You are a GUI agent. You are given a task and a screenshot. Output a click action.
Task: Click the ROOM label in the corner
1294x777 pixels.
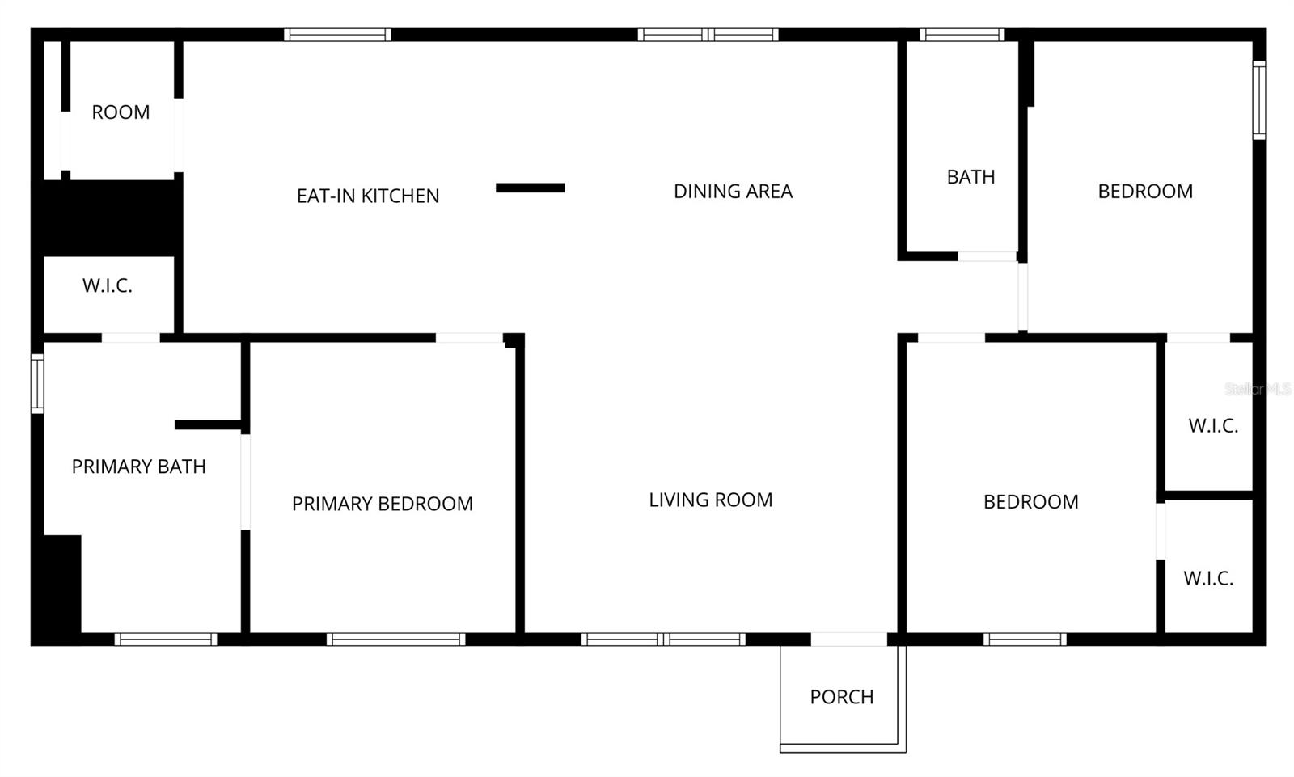(121, 112)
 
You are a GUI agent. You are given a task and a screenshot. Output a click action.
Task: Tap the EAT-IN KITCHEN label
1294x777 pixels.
(368, 196)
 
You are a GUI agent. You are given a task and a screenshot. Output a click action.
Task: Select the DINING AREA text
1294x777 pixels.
(733, 192)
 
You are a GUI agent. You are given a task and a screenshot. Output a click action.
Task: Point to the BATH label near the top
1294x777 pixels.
(970, 177)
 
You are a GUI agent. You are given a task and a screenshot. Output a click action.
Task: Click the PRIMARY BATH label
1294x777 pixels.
(138, 467)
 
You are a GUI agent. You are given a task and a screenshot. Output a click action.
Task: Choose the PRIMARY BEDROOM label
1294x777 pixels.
(382, 504)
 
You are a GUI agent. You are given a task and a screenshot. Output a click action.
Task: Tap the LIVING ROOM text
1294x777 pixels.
(710, 500)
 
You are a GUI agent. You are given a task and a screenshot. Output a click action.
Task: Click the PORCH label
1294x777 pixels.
(841, 697)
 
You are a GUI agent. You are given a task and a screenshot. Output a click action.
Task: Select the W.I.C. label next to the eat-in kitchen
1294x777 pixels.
(107, 285)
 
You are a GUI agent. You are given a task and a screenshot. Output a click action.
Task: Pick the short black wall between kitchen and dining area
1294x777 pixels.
(530, 188)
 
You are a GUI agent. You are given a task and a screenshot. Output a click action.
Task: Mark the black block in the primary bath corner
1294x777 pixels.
(61, 586)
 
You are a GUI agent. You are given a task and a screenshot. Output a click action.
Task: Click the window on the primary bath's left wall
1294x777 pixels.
(37, 384)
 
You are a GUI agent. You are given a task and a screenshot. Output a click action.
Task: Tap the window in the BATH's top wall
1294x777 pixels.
(962, 35)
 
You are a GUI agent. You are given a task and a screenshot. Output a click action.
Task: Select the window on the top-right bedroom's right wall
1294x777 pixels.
(1258, 101)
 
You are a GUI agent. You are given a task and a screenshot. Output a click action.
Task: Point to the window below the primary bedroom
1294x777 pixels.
(395, 640)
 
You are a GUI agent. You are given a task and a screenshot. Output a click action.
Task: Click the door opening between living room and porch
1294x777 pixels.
(848, 640)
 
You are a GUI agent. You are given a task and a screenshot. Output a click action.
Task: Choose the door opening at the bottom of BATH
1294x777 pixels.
(987, 256)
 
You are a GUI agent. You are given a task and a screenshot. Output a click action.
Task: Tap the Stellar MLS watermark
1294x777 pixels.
(1257, 390)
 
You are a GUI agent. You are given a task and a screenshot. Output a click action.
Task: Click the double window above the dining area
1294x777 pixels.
(708, 35)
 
